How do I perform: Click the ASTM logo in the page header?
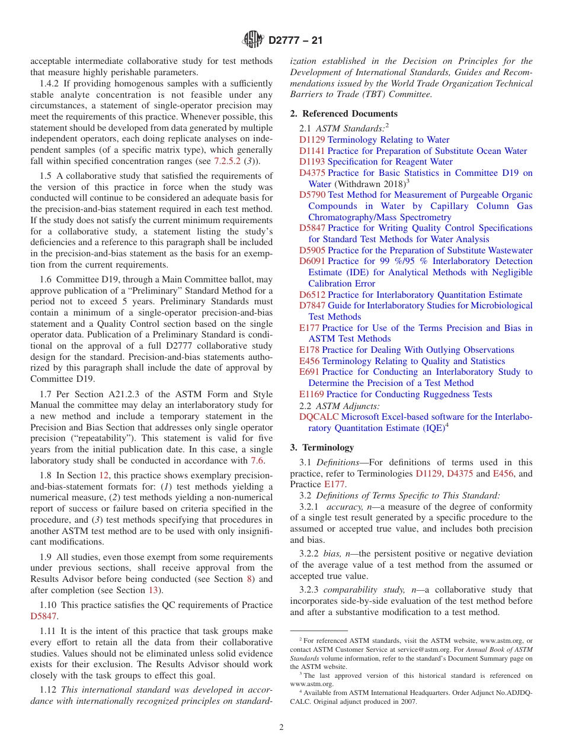tap(253, 40)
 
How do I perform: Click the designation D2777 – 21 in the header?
tap(295, 41)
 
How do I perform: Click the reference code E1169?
tap(311, 394)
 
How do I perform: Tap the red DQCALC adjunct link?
tap(319, 417)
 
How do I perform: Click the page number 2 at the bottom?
tap(281, 727)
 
